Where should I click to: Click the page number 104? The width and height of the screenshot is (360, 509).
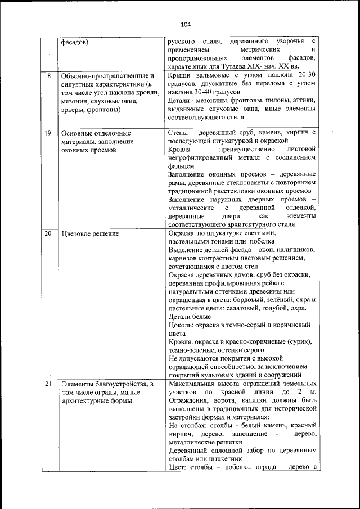pos(186,24)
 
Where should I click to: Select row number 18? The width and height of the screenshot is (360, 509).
pos(48,75)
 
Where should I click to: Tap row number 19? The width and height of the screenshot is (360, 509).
pos(48,132)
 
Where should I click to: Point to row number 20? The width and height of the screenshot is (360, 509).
pos(48,233)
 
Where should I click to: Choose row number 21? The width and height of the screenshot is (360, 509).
pos(48,384)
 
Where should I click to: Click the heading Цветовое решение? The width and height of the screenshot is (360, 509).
pos(89,233)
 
